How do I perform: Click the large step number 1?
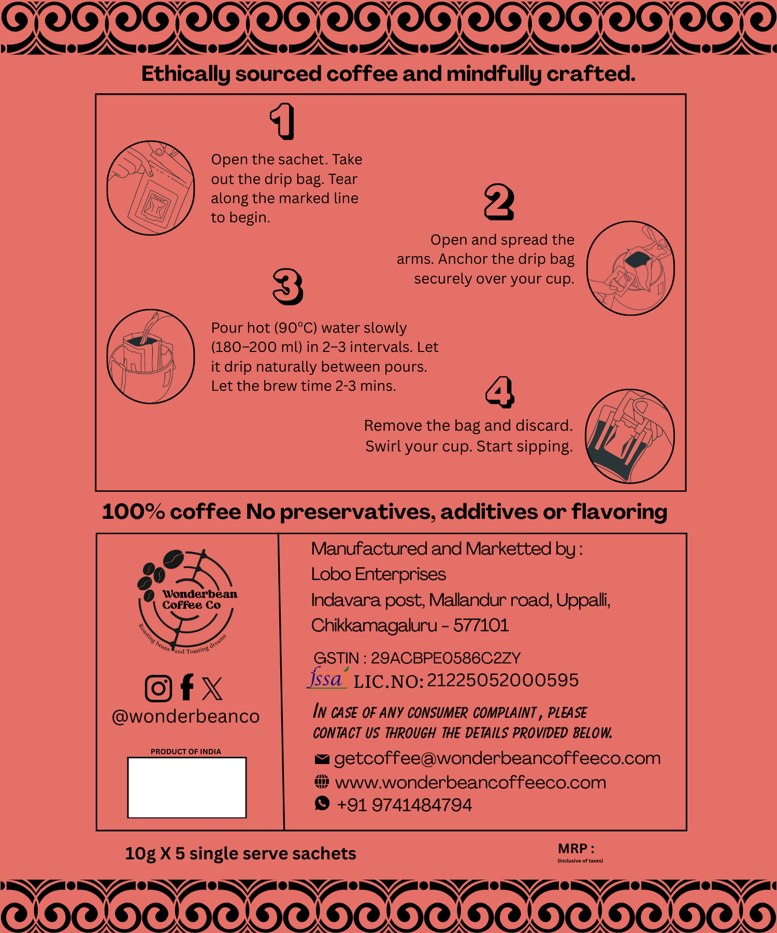(283, 121)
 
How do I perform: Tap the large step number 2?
(499, 202)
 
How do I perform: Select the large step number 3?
(288, 286)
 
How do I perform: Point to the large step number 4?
(500, 392)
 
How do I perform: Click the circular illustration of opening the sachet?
(151, 188)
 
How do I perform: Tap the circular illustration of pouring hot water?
(151, 356)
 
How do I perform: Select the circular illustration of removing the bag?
(630, 436)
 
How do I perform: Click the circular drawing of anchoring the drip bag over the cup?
(630, 268)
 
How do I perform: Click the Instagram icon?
(159, 688)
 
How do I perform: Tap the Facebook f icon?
(187, 687)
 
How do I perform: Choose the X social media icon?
(212, 688)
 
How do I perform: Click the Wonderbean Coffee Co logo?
(186, 601)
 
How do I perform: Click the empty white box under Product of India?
(187, 787)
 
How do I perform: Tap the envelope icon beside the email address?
(322, 759)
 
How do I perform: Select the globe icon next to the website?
(322, 782)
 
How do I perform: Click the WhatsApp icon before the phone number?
(322, 803)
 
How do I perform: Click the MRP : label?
(576, 849)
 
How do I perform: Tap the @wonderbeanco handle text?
(186, 716)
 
